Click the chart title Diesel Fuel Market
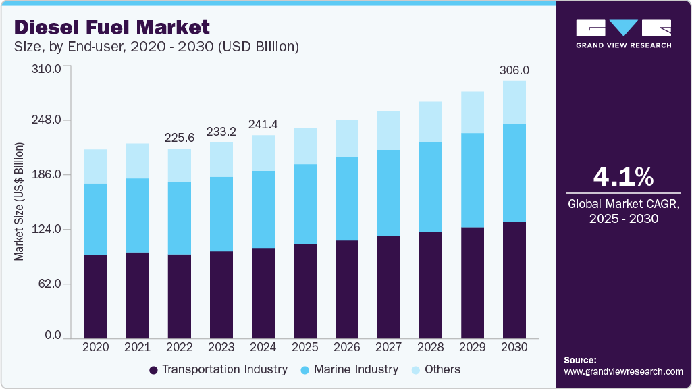(x=112, y=27)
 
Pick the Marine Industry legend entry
(x=354, y=369)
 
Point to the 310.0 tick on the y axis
(x=48, y=69)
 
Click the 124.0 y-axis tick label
(x=48, y=230)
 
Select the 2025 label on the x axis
(x=305, y=346)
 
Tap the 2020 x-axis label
(x=96, y=346)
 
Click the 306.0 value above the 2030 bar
(x=514, y=70)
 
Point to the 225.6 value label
(x=180, y=138)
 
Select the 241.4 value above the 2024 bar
(x=263, y=124)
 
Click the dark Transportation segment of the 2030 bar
(x=514, y=280)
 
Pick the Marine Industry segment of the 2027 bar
(x=389, y=193)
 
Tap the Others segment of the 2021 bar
(x=138, y=161)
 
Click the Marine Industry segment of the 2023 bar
(x=221, y=214)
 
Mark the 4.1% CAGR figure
(x=623, y=177)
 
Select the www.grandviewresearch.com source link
(x=623, y=371)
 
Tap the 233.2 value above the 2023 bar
(x=221, y=131)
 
